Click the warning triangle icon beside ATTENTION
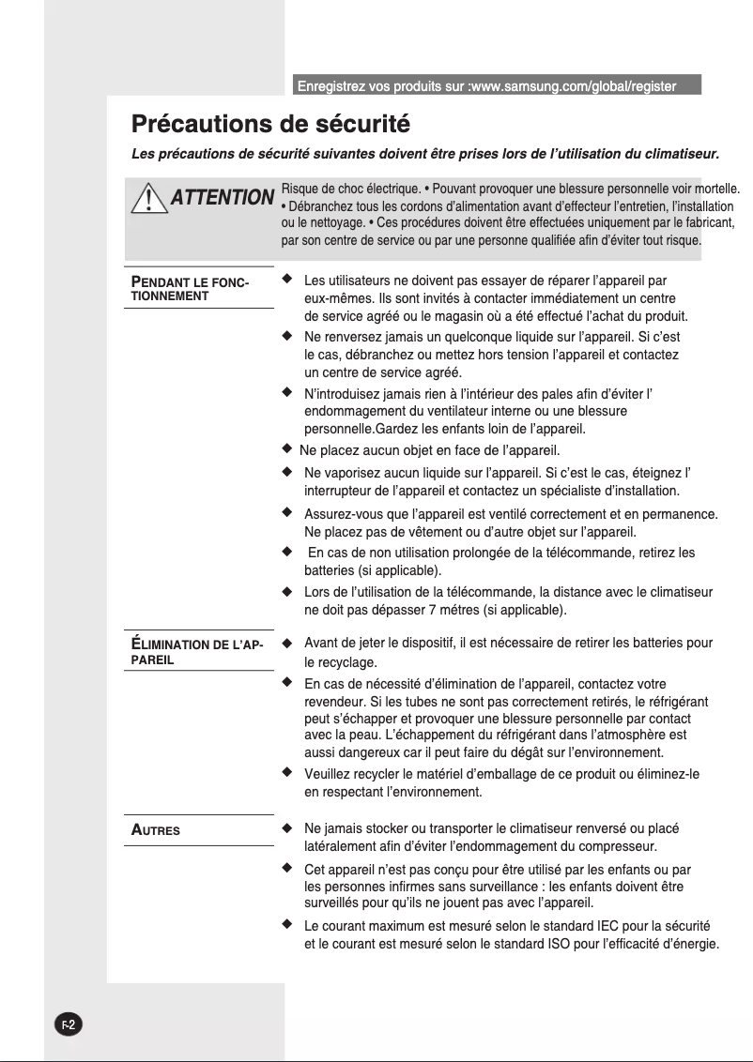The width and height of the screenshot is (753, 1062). (x=146, y=199)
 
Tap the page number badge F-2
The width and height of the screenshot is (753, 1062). (x=69, y=1024)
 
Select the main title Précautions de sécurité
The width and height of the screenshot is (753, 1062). (x=271, y=124)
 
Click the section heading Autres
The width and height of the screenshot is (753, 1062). (x=156, y=830)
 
